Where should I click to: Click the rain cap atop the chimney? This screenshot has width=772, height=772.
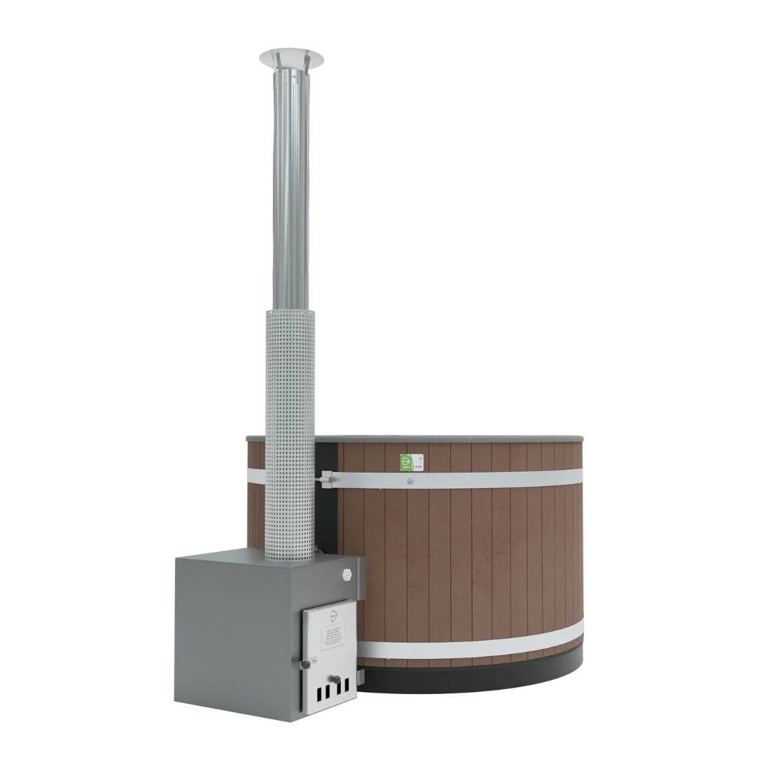pyautogui.click(x=291, y=55)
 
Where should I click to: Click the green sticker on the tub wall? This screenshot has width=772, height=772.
pyautogui.click(x=406, y=461)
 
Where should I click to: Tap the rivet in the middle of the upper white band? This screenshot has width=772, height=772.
pyautogui.click(x=410, y=480)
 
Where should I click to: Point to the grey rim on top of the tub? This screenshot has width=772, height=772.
pyautogui.click(x=457, y=437)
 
